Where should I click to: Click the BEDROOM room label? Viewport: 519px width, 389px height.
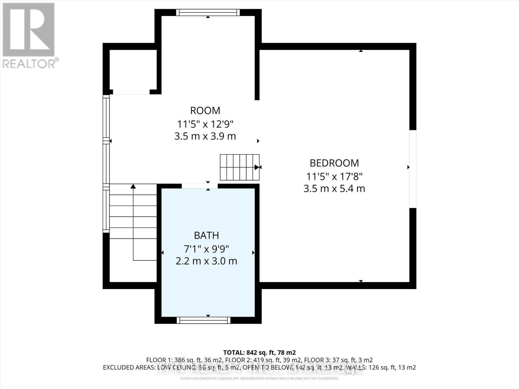[x=334, y=163]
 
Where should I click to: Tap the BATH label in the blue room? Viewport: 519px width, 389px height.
[x=206, y=235]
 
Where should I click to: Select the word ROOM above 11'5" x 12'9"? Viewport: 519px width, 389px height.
[x=205, y=111]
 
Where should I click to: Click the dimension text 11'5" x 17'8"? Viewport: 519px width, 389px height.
[x=334, y=177]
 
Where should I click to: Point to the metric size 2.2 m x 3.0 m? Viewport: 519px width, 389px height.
[x=206, y=261]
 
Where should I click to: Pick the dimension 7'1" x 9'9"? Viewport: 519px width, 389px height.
[x=206, y=249]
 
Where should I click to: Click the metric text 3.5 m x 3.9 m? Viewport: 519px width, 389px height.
[x=205, y=136]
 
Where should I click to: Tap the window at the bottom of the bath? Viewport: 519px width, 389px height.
[x=203, y=320]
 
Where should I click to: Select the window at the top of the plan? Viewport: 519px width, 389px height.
[x=208, y=13]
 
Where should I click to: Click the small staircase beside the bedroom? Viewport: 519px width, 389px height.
[x=239, y=167]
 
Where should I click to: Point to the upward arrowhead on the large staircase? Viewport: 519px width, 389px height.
[x=133, y=186]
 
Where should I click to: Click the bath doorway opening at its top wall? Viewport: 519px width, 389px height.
[x=199, y=186]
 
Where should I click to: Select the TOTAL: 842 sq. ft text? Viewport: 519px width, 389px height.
[x=259, y=352]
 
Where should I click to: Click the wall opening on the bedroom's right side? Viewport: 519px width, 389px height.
[x=412, y=169]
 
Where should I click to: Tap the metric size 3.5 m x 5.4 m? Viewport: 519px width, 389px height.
[x=334, y=189]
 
